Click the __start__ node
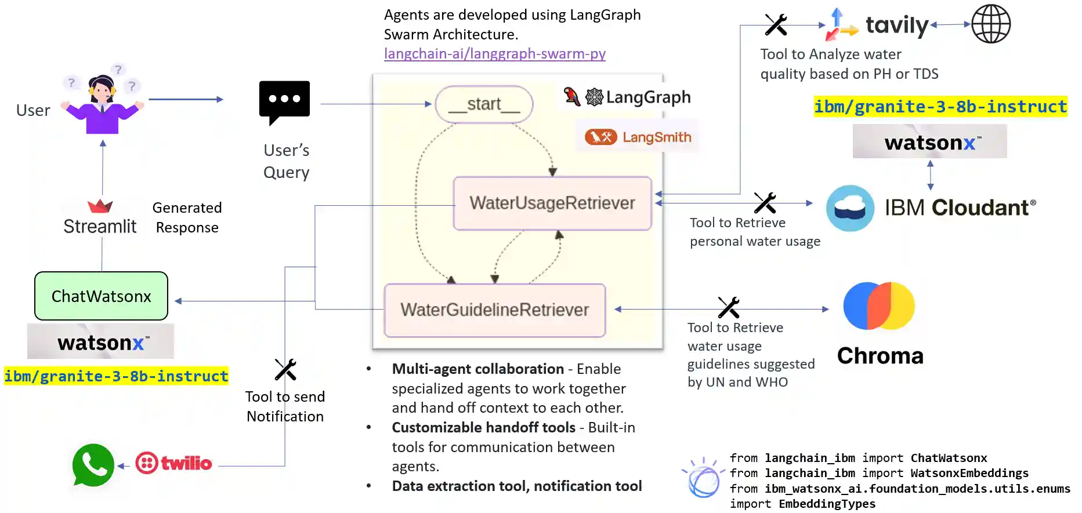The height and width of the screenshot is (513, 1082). coord(484,104)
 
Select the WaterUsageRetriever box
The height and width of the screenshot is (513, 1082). coord(552,203)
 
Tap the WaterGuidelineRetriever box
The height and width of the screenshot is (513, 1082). coord(494,310)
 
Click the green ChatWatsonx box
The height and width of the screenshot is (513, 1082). coord(101,296)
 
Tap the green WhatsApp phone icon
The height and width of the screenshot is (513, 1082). coord(93,465)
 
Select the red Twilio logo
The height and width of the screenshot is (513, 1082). coord(173,463)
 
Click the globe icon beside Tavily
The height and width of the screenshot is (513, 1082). coord(991,24)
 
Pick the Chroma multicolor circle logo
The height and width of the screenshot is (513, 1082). coord(879,305)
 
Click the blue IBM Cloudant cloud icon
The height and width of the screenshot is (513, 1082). coord(850,208)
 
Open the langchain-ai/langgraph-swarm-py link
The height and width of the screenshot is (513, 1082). coord(494,54)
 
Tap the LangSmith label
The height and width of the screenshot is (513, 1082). coord(656,137)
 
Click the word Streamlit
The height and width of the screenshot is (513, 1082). coord(100,227)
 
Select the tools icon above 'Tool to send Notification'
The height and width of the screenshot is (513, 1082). coord(285,369)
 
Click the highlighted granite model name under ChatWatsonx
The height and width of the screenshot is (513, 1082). coord(116,376)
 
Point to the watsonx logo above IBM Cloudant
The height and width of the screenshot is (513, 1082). coord(929,142)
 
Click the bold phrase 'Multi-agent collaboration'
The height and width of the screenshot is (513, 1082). coord(477,369)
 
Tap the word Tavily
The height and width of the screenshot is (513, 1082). coord(897,25)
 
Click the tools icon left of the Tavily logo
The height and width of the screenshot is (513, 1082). coord(776,25)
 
